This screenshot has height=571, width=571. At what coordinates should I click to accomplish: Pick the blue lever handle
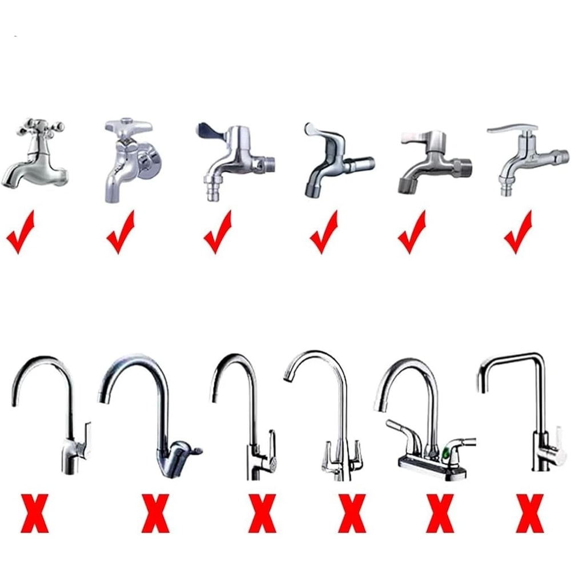click(x=210, y=132)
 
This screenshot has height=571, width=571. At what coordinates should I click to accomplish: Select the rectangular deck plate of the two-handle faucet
click(x=431, y=466)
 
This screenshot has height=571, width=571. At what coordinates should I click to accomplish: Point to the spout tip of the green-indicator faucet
click(x=378, y=406)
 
